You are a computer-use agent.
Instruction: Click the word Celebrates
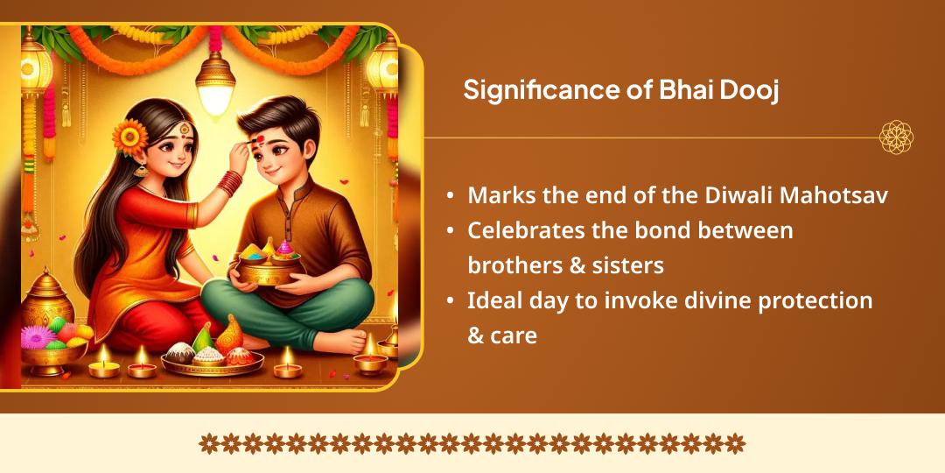(528, 231)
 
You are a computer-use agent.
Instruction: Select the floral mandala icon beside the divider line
(896, 138)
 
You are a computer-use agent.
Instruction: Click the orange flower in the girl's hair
(129, 137)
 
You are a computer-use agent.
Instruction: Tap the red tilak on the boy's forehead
(258, 140)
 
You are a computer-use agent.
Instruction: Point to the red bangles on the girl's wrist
(229, 183)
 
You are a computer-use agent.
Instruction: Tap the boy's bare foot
(341, 340)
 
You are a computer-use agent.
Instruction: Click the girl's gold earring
(141, 171)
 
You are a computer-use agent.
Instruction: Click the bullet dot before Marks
(451, 197)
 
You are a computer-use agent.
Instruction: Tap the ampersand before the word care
(476, 335)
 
